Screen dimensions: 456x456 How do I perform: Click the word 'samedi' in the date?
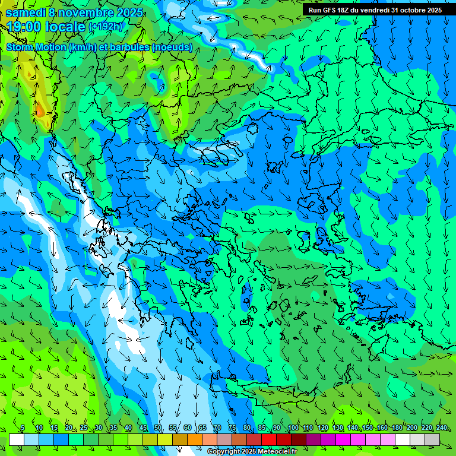pos(26,12)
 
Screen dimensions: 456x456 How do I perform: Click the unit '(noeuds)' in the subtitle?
pos(172,47)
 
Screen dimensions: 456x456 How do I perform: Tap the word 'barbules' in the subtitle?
pos(131,47)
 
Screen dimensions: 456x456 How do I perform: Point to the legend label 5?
pos(23,428)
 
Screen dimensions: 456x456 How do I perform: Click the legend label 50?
pos(157,428)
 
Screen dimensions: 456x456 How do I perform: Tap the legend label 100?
pos(293,428)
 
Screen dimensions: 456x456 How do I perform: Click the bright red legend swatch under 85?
pos(269,439)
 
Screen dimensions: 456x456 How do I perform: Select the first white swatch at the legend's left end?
pos(17,439)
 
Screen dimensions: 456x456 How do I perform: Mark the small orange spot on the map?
pos(39,110)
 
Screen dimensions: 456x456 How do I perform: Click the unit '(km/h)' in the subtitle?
pos(83,47)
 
